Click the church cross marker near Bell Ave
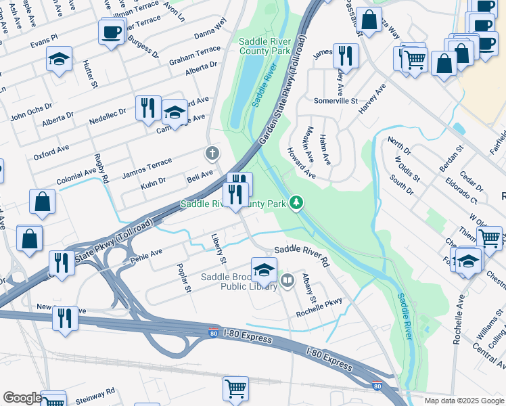pos(212,154)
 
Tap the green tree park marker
pos(296,202)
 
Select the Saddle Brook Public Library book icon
pos(287,280)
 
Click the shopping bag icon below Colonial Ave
pos(42,202)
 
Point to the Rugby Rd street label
pos(101,168)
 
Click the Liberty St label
pos(217,248)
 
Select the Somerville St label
pos(336,100)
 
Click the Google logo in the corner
pos(22,398)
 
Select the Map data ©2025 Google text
pos(463,401)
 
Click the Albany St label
pos(309,289)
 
